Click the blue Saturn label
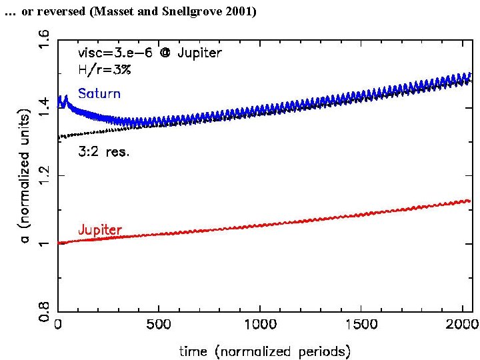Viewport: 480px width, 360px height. tap(99, 93)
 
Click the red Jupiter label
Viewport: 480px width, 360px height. tap(100, 229)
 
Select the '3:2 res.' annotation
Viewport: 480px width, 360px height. tap(104, 151)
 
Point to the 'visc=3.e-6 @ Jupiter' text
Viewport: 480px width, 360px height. tap(150, 53)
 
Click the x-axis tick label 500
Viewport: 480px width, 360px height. tap(159, 325)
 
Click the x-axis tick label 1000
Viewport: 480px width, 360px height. tap(260, 325)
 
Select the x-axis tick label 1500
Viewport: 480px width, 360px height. tap(361, 325)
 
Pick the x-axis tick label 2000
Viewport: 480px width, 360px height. tap(462, 325)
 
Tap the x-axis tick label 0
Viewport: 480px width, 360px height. tap(58, 325)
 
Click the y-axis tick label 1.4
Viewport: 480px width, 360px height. tap(44, 105)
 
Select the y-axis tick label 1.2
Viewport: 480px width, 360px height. tap(44, 175)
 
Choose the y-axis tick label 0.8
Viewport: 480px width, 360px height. tap(44, 311)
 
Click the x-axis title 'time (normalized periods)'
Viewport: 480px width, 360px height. tap(265, 350)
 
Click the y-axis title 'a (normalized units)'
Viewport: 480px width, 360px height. tap(25, 175)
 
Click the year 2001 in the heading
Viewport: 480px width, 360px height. tap(238, 12)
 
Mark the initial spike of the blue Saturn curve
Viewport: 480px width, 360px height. tap(65, 100)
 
